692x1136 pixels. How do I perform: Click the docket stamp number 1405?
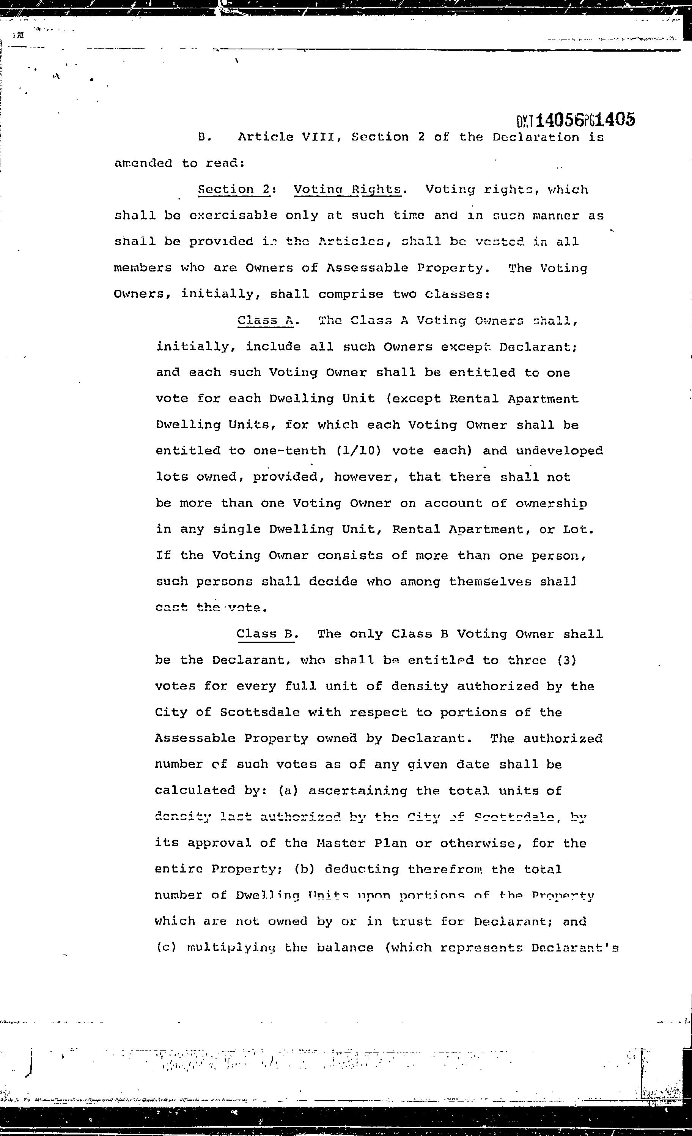pyautogui.click(x=615, y=120)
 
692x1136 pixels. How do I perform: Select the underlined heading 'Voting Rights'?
pyautogui.click(x=348, y=189)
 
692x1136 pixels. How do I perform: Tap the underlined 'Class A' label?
pyautogui.click(x=265, y=320)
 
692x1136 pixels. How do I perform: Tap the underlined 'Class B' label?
pyautogui.click(x=265, y=634)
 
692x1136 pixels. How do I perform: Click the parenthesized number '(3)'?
pyautogui.click(x=567, y=660)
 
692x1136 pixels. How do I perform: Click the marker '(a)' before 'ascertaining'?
pyautogui.click(x=288, y=790)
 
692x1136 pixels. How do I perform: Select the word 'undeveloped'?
pyautogui.click(x=559, y=450)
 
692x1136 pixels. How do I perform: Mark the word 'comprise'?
pyautogui.click(x=351, y=294)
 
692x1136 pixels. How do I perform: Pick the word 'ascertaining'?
pyautogui.click(x=358, y=790)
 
